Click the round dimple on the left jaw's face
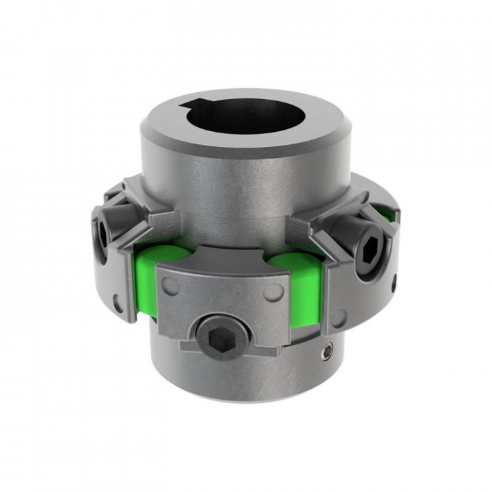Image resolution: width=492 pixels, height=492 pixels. [117, 299]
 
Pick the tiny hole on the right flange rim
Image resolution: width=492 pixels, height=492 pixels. [394, 279]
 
